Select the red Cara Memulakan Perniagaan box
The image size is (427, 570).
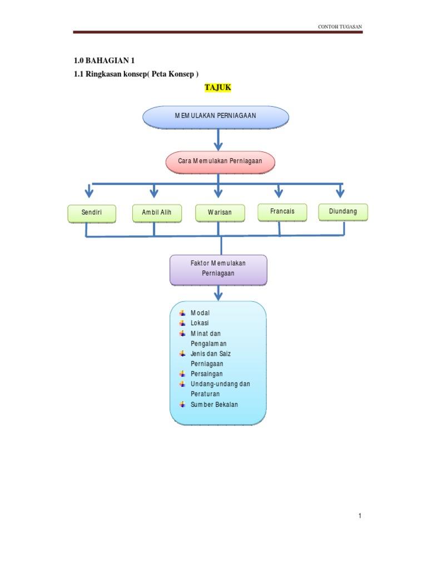coord(220,161)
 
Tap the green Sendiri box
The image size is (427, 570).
coord(92,213)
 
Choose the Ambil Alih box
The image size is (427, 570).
coord(157,213)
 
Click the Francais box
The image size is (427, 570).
coord(282,212)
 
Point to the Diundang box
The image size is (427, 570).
coord(342,212)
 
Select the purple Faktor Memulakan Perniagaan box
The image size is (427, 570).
coord(218,268)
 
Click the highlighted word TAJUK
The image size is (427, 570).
coord(217,88)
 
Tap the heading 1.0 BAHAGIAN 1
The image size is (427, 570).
coord(105,61)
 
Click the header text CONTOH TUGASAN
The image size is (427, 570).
coord(340,27)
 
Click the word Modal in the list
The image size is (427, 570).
coord(200,313)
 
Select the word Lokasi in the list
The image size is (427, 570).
coord(200,323)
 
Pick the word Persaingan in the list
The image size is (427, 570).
coord(206,374)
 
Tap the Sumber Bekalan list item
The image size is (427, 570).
coord(214,405)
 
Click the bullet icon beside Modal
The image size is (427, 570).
coord(182,313)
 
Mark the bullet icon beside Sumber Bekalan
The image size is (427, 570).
coord(182,405)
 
